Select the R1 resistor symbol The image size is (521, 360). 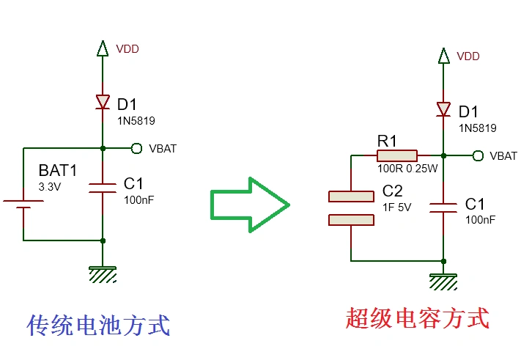coord(396,155)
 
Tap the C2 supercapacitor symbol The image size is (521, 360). coord(352,208)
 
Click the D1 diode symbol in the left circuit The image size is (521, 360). coord(103,103)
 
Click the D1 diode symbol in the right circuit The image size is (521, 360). coord(443,109)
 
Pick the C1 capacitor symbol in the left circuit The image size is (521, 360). coord(103,188)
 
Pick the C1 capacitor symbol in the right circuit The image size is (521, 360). coord(443,207)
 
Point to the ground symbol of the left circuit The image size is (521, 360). coord(103,274)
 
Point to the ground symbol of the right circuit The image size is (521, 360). coord(443,282)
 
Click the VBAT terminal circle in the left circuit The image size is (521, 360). coord(136,148)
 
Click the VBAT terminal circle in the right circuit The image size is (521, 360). coord(478,155)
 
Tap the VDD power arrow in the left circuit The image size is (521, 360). coord(103,49)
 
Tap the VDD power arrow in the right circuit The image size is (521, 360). coord(443,56)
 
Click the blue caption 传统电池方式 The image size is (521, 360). coord(98,325)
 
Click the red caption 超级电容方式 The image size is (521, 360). coord(416,318)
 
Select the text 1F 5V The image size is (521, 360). coord(397,207)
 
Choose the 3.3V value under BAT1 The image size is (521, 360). coord(50,187)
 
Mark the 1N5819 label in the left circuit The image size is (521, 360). coord(136,120)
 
